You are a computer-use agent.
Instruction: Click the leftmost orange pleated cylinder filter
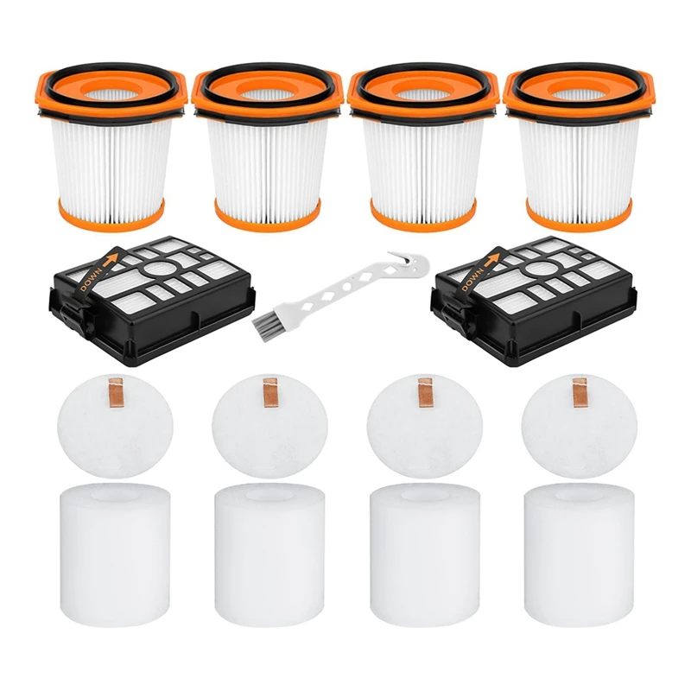(x=111, y=148)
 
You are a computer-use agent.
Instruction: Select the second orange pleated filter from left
(x=268, y=148)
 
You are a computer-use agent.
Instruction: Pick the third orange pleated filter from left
(x=423, y=148)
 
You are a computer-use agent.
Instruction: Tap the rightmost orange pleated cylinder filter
(x=579, y=148)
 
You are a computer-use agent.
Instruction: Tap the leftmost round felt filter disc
(x=115, y=426)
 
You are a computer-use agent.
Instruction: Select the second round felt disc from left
(x=269, y=426)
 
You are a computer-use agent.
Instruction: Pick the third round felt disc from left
(x=424, y=426)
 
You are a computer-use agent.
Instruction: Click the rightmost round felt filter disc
(x=579, y=426)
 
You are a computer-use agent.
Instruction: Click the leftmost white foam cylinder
(x=114, y=550)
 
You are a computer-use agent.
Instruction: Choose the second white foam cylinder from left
(x=269, y=550)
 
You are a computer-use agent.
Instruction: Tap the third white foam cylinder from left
(x=425, y=550)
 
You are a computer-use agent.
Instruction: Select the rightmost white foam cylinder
(x=580, y=550)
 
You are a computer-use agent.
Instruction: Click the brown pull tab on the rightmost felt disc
(x=579, y=392)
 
